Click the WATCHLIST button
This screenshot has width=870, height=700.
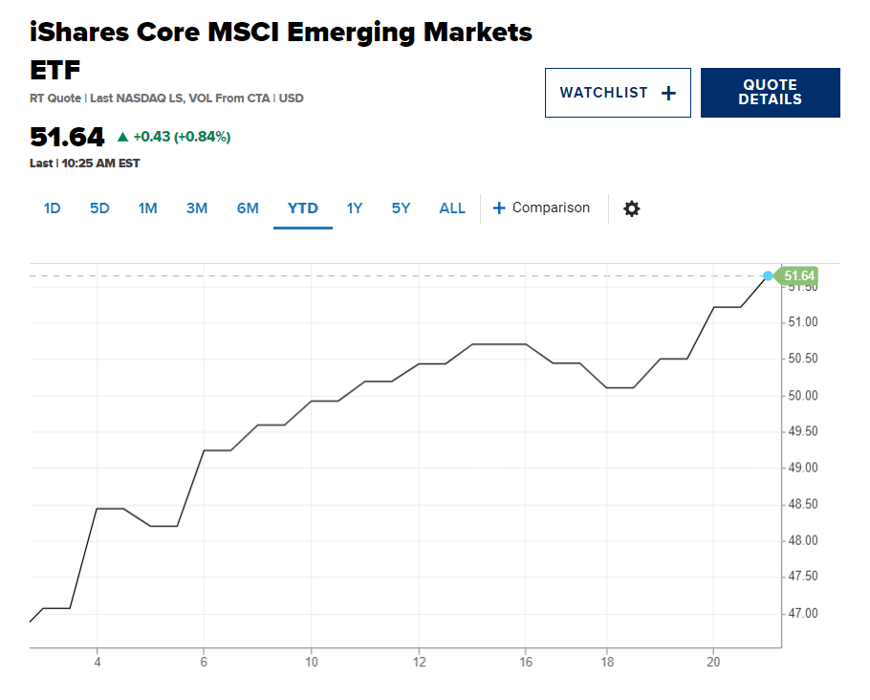pos(618,93)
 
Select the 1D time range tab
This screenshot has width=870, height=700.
pos(52,208)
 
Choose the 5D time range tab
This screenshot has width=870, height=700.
pos(99,208)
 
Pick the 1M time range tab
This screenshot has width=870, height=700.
pos(147,208)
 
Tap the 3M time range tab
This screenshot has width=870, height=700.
pos(197,208)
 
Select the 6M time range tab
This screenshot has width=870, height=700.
pos(248,208)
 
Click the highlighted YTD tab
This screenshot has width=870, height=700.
pos(303,208)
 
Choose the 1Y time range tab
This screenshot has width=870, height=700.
pos(355,208)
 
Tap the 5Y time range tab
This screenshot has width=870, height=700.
pos(401,208)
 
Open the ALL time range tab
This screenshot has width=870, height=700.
pos(452,208)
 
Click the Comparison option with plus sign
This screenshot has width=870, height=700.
pos(541,208)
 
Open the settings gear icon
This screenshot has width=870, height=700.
pos(631,208)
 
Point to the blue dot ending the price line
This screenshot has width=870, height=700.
pos(768,276)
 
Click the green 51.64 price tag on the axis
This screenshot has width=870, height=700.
pos(795,276)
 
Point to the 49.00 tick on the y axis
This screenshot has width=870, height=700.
pos(803,468)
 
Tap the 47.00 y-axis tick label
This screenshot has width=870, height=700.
pos(803,613)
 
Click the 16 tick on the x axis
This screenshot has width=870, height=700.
pos(526,662)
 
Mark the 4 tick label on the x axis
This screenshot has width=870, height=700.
pos(98,662)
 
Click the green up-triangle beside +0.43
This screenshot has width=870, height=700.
pos(123,137)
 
